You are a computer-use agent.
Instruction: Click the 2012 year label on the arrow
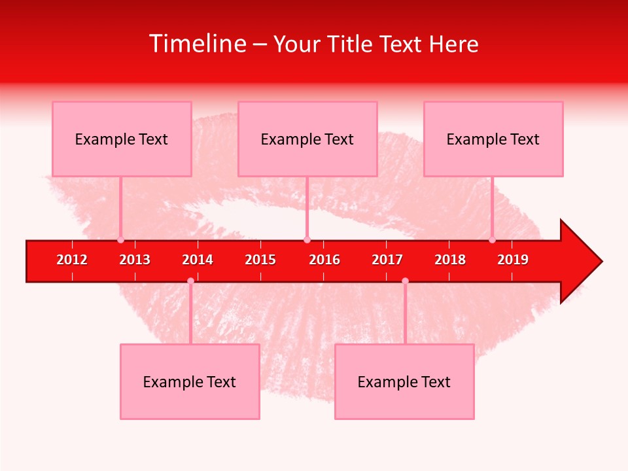(72, 260)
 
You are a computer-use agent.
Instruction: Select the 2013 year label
(135, 260)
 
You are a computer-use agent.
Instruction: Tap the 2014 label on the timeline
(198, 260)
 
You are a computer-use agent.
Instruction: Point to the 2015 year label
(260, 260)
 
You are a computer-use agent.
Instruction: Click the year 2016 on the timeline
(324, 260)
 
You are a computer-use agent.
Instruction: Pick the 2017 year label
(387, 260)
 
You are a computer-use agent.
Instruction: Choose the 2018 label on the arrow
(450, 260)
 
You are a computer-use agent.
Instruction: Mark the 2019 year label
(513, 260)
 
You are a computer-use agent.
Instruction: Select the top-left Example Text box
(122, 139)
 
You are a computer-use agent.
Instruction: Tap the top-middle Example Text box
(307, 139)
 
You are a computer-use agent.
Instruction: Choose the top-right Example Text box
(493, 139)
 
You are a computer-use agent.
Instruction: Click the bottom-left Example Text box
(190, 381)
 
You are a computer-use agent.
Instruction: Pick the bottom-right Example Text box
(404, 381)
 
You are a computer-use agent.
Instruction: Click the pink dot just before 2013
(120, 239)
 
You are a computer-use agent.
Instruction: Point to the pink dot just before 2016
(307, 239)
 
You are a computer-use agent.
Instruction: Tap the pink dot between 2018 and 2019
(492, 239)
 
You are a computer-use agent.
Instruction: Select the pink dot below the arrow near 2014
(190, 281)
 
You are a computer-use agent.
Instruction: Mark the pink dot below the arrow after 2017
(405, 281)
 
